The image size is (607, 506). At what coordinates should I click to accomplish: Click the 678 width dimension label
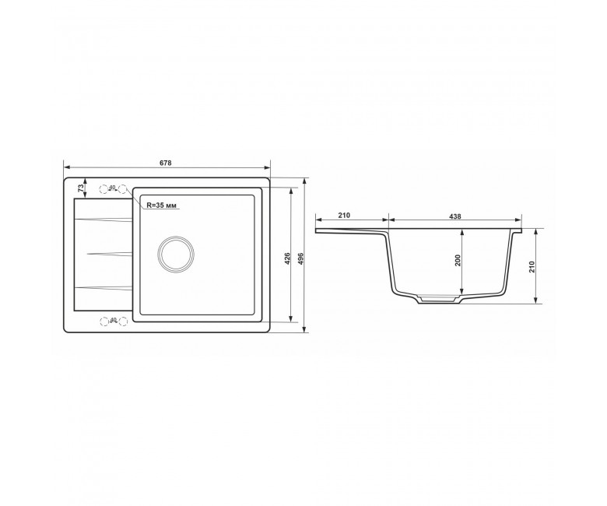point(165,163)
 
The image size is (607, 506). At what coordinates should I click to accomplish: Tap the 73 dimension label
point(81,188)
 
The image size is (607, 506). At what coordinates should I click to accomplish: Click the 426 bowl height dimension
point(286,258)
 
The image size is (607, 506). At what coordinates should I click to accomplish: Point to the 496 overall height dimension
point(301,258)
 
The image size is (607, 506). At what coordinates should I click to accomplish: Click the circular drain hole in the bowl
point(176,255)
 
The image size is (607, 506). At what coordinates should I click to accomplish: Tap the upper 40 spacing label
point(113,188)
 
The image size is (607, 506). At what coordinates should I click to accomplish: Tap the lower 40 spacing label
point(113,319)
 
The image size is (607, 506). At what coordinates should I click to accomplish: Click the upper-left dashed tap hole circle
point(104,189)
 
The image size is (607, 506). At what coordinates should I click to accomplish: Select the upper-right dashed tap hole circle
point(123,189)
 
